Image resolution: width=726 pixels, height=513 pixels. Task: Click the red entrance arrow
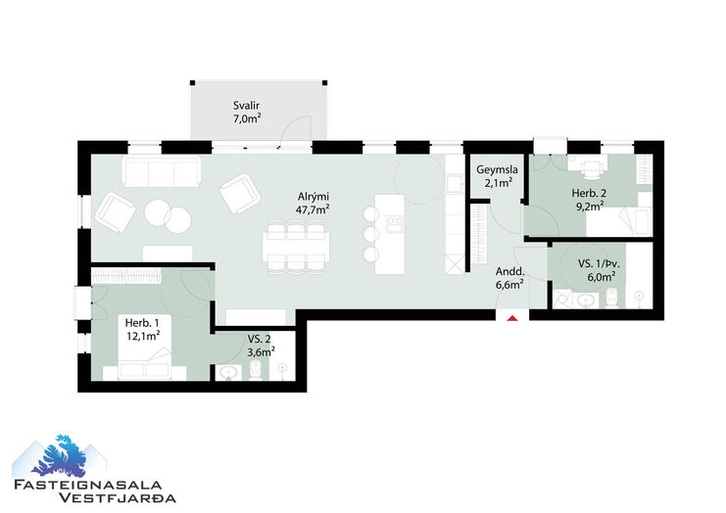[512, 318]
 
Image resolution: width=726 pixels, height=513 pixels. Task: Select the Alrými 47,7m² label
[313, 203]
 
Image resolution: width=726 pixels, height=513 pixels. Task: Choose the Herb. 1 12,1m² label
[142, 329]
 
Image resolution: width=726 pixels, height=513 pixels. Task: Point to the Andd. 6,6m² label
[509, 278]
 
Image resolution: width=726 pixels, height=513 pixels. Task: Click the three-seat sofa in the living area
[162, 171]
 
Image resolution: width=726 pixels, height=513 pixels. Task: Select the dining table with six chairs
[296, 246]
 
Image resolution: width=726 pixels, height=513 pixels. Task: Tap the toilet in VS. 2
[256, 370]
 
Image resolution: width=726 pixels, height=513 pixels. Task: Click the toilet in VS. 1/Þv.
[612, 298]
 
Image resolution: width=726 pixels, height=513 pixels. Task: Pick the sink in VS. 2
[228, 373]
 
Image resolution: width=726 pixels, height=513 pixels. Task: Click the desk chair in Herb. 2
[591, 169]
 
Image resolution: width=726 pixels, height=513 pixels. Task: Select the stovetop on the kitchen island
[395, 224]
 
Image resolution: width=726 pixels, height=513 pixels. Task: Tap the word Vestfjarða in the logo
[118, 497]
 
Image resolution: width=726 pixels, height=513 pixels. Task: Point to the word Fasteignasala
[88, 485]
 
